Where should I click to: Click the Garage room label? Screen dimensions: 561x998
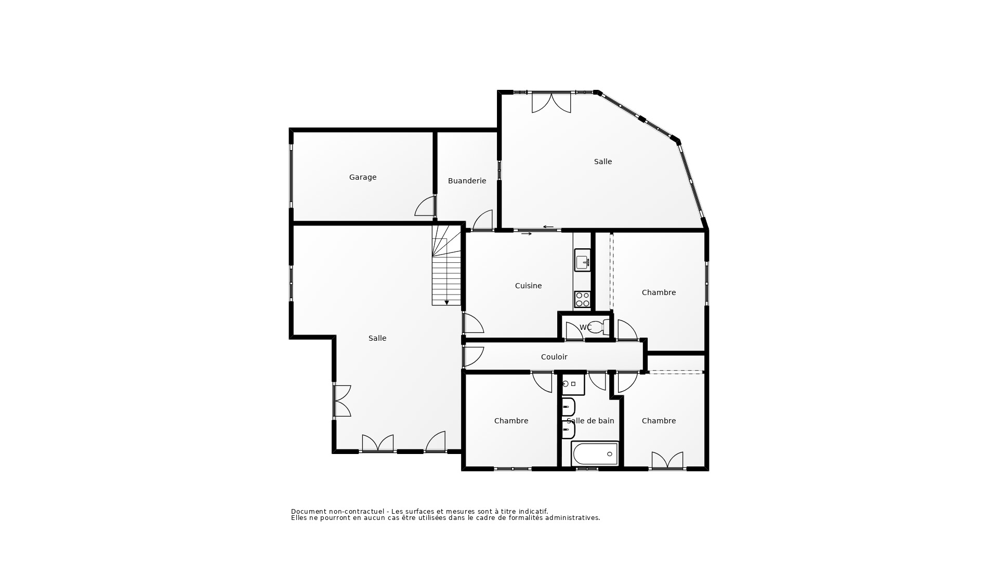pos(362,177)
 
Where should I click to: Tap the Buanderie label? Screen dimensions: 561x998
pos(467,181)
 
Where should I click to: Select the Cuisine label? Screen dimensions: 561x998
pos(528,286)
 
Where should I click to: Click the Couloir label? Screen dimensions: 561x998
pos(554,357)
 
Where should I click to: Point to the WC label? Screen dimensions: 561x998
pos(585,327)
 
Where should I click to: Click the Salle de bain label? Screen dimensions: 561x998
pos(590,421)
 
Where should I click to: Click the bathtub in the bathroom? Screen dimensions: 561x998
pos(595,454)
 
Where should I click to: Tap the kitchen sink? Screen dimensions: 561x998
pos(582,260)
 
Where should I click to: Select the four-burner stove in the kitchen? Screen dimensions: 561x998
pos(582,300)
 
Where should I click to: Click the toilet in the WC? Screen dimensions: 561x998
pos(601,327)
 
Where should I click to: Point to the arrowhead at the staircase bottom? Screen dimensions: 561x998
pos(447,302)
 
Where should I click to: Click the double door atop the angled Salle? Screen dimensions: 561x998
pos(551,102)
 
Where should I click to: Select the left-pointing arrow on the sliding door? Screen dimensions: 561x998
pos(548,226)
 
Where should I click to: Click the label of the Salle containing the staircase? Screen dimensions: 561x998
pos(377,338)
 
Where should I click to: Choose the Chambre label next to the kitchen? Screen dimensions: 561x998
pos(659,292)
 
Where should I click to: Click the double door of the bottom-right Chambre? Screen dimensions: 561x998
pos(667,461)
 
